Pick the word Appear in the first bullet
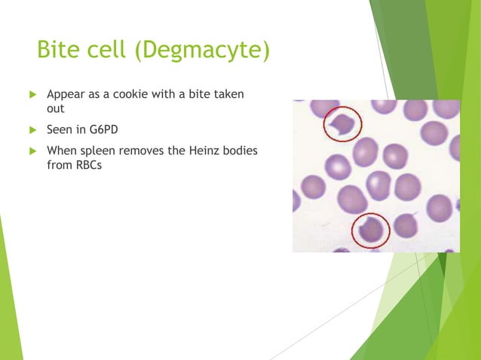pos(65,95)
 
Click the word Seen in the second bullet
pos(60,130)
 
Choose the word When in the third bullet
pos(62,151)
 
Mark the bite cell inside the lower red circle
pos(370,230)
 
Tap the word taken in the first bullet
pos(232,95)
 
